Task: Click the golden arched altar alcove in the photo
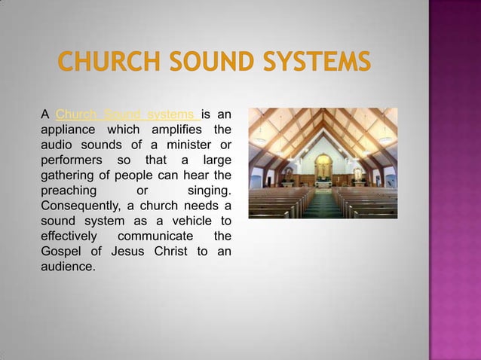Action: click(x=323, y=166)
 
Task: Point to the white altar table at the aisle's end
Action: click(x=323, y=182)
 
